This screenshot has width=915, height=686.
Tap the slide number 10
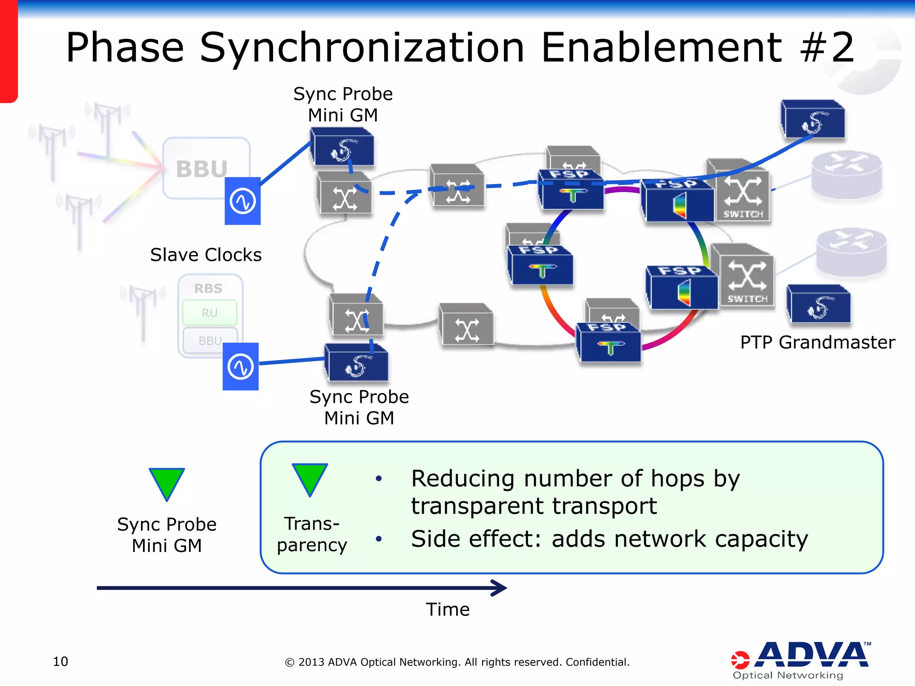click(60, 661)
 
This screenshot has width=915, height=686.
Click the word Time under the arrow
click(447, 610)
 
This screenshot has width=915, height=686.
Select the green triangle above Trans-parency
click(310, 477)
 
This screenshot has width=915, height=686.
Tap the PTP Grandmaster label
click(817, 343)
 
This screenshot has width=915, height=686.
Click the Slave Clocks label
click(206, 255)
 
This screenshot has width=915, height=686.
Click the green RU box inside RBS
click(210, 313)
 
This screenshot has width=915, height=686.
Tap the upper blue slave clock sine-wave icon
click(243, 201)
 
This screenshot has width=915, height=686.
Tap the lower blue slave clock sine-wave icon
click(241, 367)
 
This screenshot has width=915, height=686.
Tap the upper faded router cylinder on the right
click(846, 174)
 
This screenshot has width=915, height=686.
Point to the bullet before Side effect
click(379, 539)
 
